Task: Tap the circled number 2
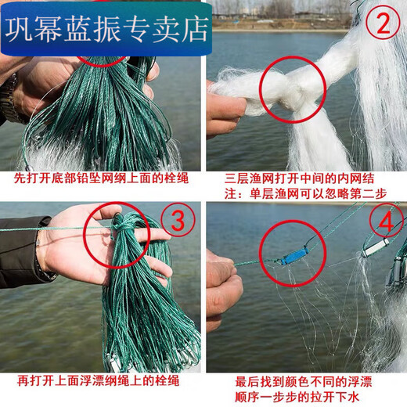383,27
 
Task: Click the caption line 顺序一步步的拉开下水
305,397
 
